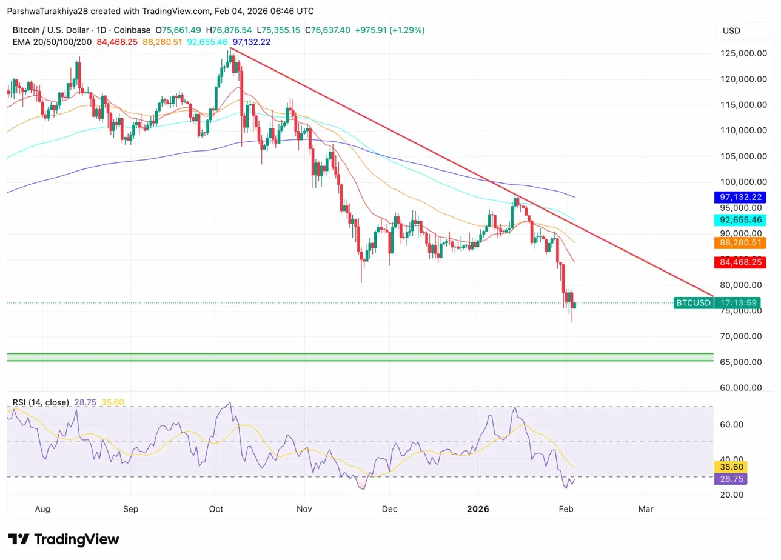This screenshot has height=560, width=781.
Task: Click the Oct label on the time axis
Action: coord(216,509)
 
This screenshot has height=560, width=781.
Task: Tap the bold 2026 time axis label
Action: coord(478,509)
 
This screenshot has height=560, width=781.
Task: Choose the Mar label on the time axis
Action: coord(646,509)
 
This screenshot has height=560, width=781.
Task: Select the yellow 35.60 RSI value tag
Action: coord(731,467)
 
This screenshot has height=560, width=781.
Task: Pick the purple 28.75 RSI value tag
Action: coord(731,479)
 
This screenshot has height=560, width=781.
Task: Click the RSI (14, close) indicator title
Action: coord(41,402)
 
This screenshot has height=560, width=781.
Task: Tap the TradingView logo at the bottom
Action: coord(63,539)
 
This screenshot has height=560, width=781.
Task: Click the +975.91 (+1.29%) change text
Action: coord(389,30)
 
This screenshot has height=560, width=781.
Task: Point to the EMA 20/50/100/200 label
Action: coord(52,42)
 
